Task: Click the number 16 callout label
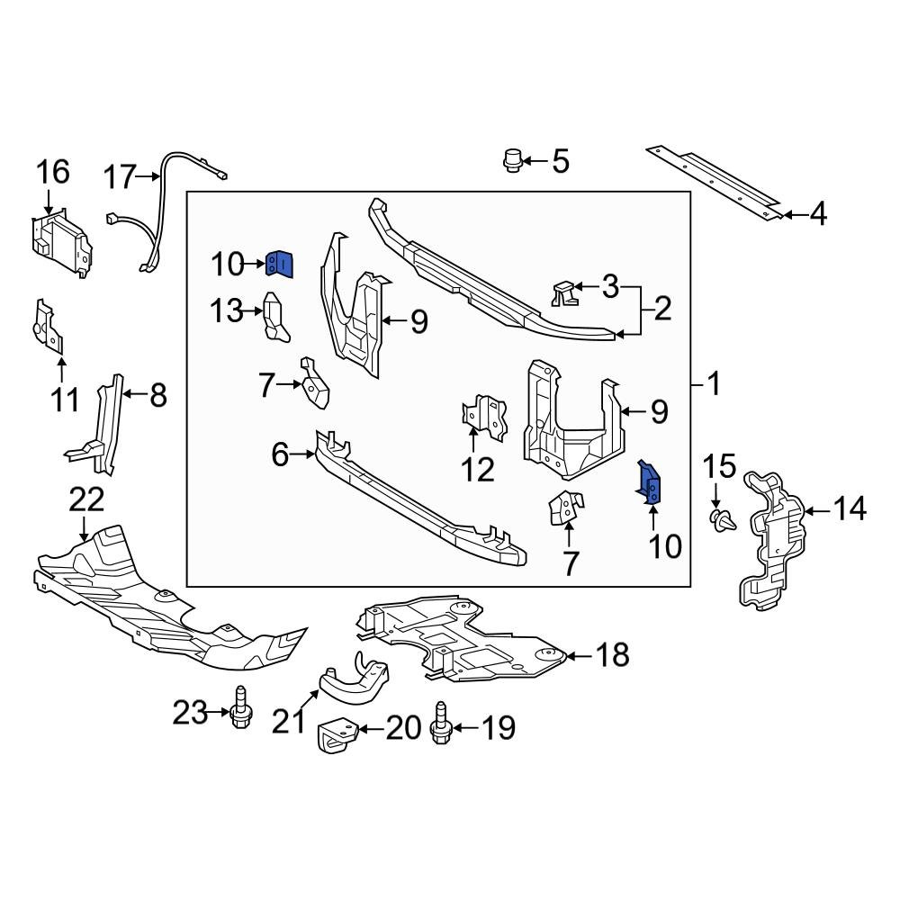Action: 53,171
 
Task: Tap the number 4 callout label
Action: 817,214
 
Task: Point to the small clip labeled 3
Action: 562,292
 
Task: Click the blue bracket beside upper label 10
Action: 280,264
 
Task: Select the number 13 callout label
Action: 226,311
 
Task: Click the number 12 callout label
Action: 478,469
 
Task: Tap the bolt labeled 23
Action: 240,713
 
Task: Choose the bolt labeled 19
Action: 441,725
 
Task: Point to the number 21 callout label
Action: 289,720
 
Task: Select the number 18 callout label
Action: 612,655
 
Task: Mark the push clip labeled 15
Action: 721,519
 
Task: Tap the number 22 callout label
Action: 86,499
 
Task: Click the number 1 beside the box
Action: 713,385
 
